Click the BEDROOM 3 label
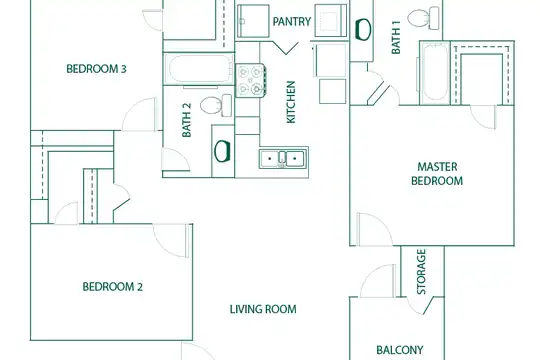pyautogui.click(x=96, y=69)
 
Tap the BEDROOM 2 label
pyautogui.click(x=112, y=287)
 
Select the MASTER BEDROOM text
pyautogui.click(x=437, y=174)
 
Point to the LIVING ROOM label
pyautogui.click(x=263, y=309)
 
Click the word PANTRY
pyautogui.click(x=292, y=22)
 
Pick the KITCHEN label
pyautogui.click(x=291, y=102)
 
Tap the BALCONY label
pyautogui.click(x=399, y=350)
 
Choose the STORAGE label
pyautogui.click(x=422, y=272)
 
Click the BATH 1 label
pyautogui.click(x=396, y=38)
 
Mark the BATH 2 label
pyautogui.click(x=186, y=120)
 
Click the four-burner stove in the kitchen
pyautogui.click(x=251, y=80)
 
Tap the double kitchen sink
pyautogui.click(x=282, y=159)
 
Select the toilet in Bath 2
pyautogui.click(x=216, y=105)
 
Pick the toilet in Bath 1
pyautogui.click(x=423, y=18)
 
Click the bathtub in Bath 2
pyautogui.click(x=199, y=69)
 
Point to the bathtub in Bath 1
pyautogui.click(x=435, y=72)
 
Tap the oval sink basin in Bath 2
pyautogui.click(x=222, y=151)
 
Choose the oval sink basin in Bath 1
pyautogui.click(x=363, y=29)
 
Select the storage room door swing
pyautogui.click(x=420, y=305)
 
